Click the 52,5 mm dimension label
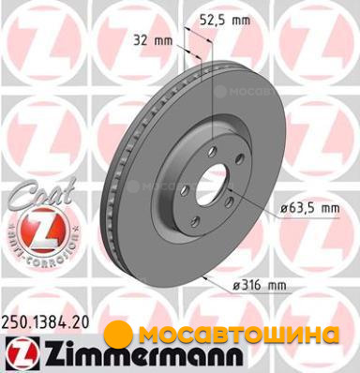point(225,21)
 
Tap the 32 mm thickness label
point(153,40)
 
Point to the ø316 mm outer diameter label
point(260,285)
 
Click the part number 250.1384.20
point(45,321)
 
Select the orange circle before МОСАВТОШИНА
point(118,335)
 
